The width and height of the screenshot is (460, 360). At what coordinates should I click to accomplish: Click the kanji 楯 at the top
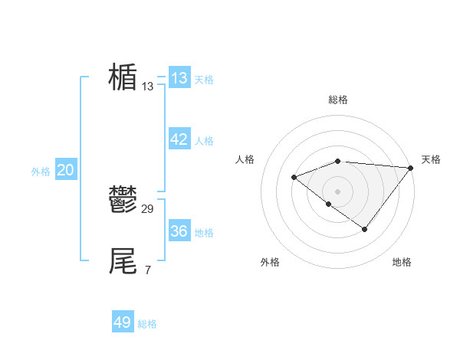coord(123,77)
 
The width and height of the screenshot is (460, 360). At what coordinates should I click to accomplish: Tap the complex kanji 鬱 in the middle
coord(123,201)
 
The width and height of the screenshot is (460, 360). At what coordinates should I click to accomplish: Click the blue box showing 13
coord(179,77)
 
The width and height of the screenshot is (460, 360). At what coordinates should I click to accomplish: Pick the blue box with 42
coord(179,139)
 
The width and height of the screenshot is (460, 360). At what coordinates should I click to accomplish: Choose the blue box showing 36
coord(179,231)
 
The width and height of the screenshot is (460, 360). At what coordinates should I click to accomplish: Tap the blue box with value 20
coord(65,170)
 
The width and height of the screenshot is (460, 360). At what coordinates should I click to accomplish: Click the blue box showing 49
coord(123,322)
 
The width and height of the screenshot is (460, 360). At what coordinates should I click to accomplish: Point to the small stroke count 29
coord(148,209)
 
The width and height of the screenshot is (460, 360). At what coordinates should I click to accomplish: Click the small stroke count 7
coord(147,270)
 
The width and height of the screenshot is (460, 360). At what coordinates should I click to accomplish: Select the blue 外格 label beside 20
coord(41,172)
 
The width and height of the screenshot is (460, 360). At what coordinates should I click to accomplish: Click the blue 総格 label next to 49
coord(147,324)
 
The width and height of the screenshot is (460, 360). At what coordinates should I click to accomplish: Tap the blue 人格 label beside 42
coord(204,141)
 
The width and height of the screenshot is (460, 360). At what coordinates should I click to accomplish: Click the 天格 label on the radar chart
coord(431,159)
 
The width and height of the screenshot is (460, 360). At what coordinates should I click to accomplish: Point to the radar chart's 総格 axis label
coord(338,100)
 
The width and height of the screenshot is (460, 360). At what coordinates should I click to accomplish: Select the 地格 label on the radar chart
coord(402,262)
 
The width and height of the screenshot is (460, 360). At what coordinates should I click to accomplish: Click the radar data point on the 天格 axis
coord(411,167)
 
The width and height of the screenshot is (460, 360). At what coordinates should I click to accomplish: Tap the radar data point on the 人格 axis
coord(294,177)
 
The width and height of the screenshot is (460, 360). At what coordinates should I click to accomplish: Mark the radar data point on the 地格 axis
coord(365,229)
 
